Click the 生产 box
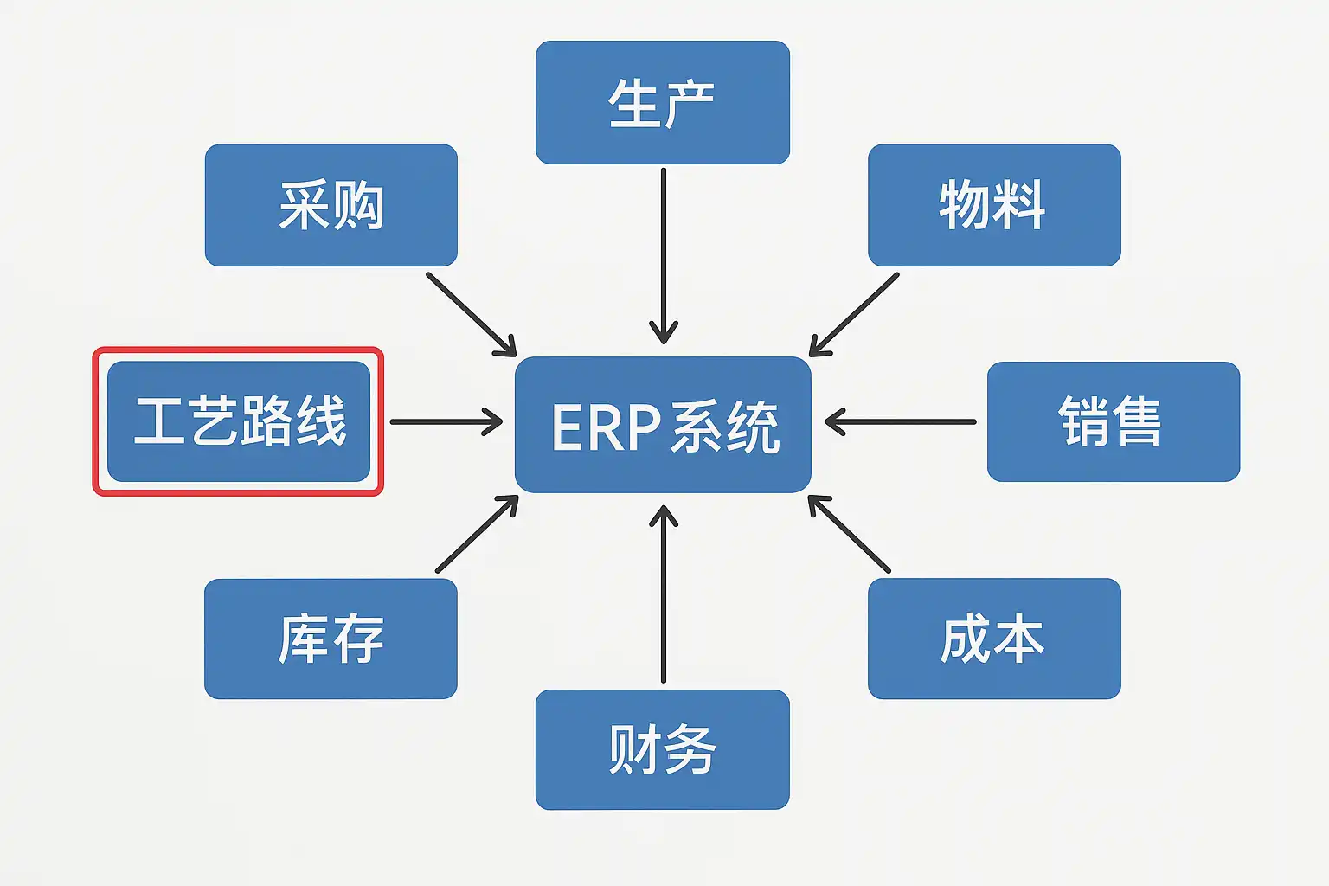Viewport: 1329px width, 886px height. [x=662, y=102]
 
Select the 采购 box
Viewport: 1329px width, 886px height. [x=331, y=205]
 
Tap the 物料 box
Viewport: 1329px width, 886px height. [x=993, y=205]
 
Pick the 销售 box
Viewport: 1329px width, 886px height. [x=1113, y=421]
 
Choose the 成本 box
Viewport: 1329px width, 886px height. [x=993, y=639]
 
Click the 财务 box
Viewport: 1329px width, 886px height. [x=662, y=749]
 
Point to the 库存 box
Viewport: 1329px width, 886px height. [x=331, y=639]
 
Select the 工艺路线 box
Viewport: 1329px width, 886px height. [x=239, y=421]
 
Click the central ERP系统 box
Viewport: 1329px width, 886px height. [x=663, y=424]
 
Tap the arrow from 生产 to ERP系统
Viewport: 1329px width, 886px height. [x=664, y=255]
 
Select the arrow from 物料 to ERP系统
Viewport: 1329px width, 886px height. [x=855, y=313]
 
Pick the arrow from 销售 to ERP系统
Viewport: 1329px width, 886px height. [x=901, y=421]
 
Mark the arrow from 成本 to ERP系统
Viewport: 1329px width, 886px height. [x=850, y=534]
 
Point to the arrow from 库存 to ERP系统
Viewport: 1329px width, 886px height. [x=476, y=535]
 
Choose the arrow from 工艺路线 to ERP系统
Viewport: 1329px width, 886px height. [x=446, y=421]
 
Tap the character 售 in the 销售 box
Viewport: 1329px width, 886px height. [x=1138, y=421]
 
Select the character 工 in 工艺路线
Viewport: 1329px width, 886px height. [x=159, y=421]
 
